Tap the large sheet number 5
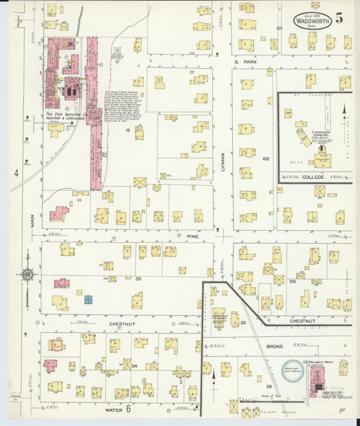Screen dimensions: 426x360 (x=339, y=18)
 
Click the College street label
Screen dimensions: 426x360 (x=312, y=177)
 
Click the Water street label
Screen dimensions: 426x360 (x=113, y=409)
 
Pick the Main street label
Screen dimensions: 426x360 (x=31, y=221)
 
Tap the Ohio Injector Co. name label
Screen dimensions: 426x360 (x=68, y=116)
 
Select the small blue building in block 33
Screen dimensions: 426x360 (x=88, y=298)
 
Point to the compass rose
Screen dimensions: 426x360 (x=27, y=275)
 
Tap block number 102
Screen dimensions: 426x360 (x=265, y=159)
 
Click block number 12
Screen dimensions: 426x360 (x=127, y=130)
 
